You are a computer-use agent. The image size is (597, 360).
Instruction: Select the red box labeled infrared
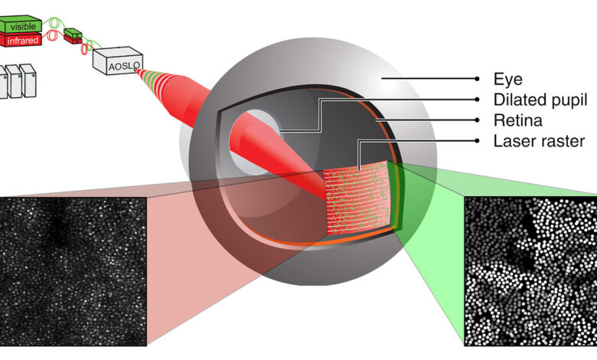21,40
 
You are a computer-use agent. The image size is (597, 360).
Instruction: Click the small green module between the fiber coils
73,31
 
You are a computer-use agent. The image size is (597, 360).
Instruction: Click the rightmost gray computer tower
28,80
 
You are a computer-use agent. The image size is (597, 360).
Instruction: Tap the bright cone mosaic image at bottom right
530,270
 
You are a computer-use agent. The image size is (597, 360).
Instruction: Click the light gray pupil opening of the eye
261,134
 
